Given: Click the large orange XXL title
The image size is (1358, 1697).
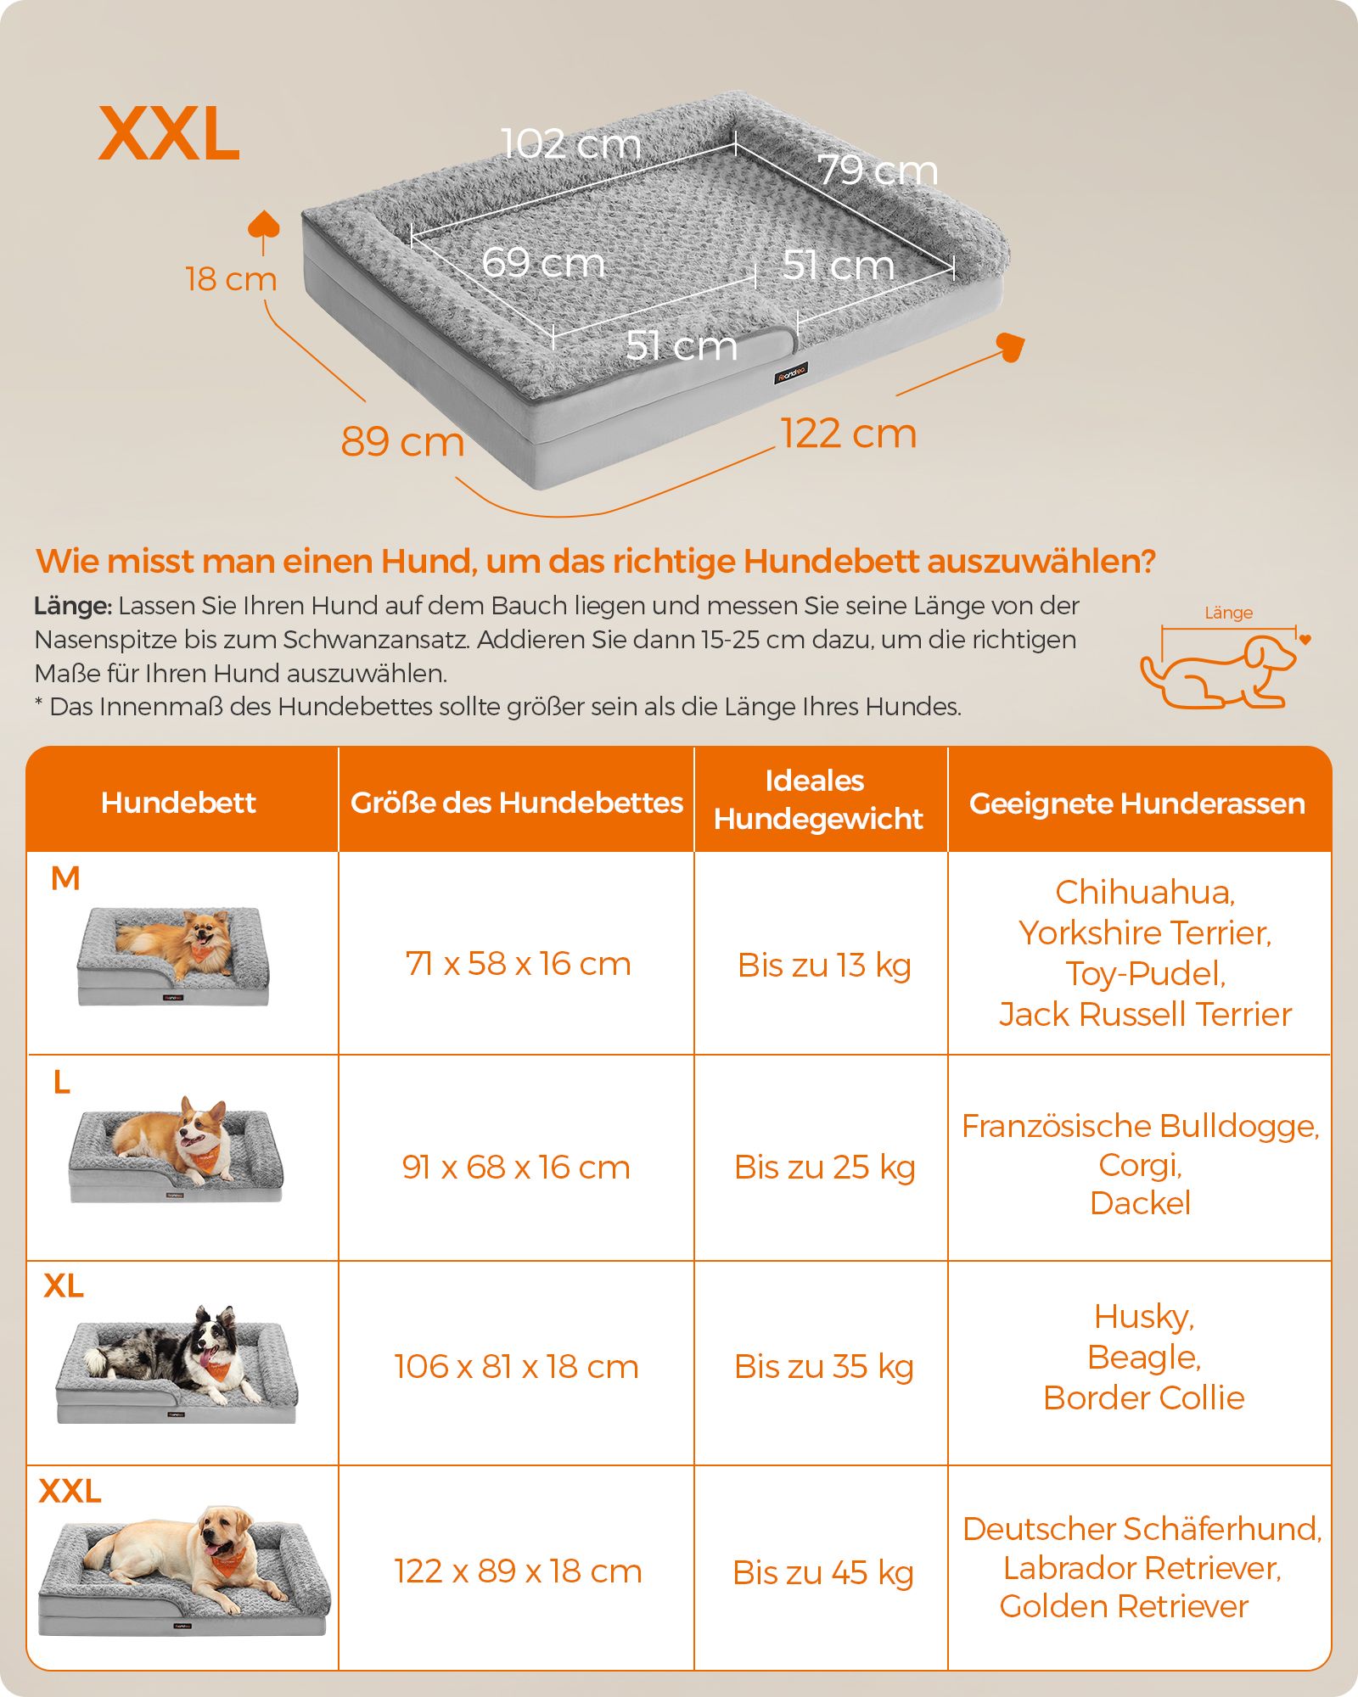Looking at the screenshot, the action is tap(170, 134).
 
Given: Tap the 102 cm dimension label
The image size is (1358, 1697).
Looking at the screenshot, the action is tap(571, 143).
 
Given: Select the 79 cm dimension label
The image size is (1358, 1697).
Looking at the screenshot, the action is tap(878, 171).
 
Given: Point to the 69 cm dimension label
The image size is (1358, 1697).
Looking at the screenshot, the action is tap(543, 262).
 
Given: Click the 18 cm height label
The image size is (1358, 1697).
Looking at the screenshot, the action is tap(231, 279).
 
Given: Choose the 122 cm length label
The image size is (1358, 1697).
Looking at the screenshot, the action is tap(849, 434).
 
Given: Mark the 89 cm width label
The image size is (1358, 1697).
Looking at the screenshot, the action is tap(402, 441).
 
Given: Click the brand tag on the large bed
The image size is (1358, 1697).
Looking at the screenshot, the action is tap(791, 373).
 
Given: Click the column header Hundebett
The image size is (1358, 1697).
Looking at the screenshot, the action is tap(178, 803).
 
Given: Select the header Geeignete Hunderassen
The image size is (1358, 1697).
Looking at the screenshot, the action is tap(1137, 804).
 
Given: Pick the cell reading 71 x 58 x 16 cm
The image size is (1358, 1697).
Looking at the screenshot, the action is tap(518, 964).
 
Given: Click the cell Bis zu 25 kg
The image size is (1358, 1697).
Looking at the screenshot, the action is tap(824, 1168).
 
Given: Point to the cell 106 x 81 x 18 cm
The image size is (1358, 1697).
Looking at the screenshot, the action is tap(516, 1367).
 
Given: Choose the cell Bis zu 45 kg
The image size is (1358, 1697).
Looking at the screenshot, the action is tap(823, 1572).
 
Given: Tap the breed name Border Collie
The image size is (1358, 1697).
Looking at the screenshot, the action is tap(1143, 1397).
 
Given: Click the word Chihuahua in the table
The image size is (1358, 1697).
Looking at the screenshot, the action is tap(1145, 893).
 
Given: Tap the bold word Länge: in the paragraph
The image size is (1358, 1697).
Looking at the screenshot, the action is tap(73, 607).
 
